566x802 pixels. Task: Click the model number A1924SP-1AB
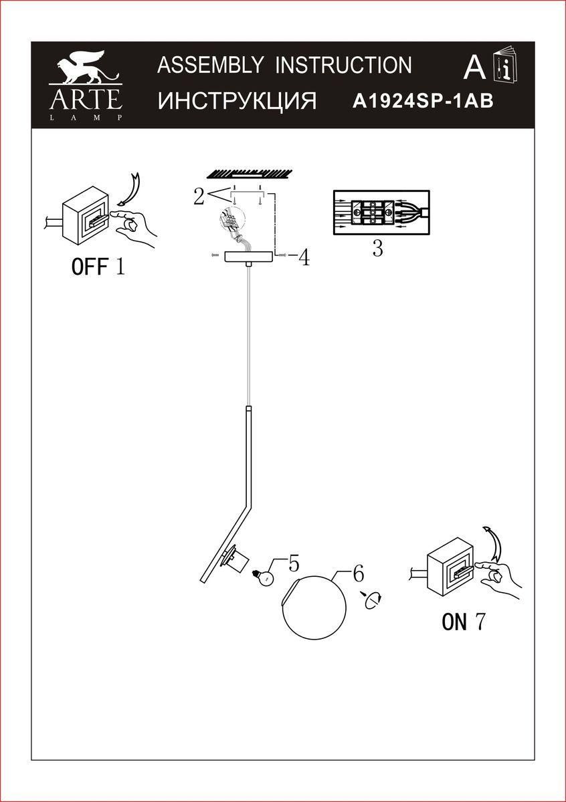pyautogui.click(x=423, y=101)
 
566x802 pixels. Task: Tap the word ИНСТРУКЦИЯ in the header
pyautogui.click(x=237, y=101)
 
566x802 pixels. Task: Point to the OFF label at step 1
pyautogui.click(x=89, y=267)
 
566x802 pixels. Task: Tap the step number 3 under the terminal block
pyautogui.click(x=377, y=249)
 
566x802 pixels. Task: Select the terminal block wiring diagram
pyautogui.click(x=380, y=213)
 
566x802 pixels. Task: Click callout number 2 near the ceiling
pyautogui.click(x=199, y=196)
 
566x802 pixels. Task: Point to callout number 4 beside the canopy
pyautogui.click(x=304, y=258)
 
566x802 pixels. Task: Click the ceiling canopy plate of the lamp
pyautogui.click(x=249, y=257)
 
